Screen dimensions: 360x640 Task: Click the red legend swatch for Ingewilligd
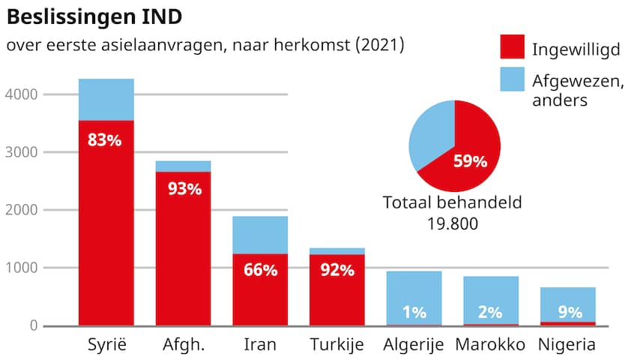pos(512,46)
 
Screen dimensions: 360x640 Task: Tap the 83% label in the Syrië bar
pos(105,139)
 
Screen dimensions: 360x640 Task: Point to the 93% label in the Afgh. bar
pos(184,189)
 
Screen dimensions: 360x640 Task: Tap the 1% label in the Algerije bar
pos(414,311)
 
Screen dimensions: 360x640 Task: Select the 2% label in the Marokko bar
pos(490,311)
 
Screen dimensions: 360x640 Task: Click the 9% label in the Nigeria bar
pos(567,311)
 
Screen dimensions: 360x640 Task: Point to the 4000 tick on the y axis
pos(19,94)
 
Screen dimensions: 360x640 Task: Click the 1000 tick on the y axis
pos(19,268)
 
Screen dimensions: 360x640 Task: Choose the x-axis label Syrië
pos(105,345)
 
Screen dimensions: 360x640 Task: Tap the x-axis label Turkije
pos(336,345)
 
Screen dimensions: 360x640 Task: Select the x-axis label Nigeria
pos(567,345)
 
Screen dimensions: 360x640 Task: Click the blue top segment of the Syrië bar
pos(106,99)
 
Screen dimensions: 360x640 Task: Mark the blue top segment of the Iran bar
pos(260,235)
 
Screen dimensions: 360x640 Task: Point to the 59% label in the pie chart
pos(471,161)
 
